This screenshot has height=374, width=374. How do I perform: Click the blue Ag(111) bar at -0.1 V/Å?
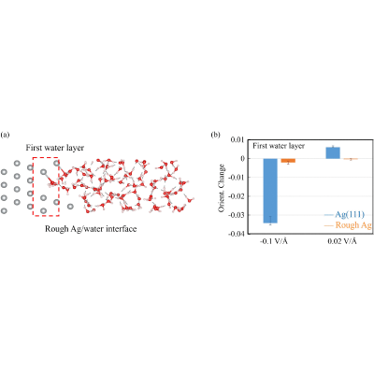pos(270,191)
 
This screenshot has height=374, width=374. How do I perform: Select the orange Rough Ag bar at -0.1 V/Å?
pos(288,161)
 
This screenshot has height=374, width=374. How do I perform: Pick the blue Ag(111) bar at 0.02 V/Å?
pos(333,152)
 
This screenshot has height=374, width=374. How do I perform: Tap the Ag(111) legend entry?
pos(344,214)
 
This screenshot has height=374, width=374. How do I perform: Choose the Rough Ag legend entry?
pos(348,225)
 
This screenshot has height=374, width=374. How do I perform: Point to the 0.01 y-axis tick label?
pos(237,140)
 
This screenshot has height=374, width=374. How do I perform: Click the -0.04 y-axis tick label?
pos(236,234)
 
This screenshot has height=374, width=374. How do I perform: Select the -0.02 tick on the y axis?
pos(236,196)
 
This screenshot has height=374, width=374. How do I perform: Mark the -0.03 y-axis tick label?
pos(236,215)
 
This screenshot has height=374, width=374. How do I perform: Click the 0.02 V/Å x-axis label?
pos(342,241)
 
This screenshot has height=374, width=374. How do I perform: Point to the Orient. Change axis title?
pos(222,188)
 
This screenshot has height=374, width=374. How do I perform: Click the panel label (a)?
pos(6,135)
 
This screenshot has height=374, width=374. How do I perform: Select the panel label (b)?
pos(215,135)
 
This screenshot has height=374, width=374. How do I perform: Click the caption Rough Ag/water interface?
pos(91,229)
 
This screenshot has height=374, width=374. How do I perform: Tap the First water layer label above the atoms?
pos(55,148)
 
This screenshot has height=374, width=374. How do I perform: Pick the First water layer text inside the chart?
pos(279,146)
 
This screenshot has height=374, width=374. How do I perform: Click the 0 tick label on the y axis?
pos(241,159)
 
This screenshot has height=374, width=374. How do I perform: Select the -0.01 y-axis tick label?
pos(236,178)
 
